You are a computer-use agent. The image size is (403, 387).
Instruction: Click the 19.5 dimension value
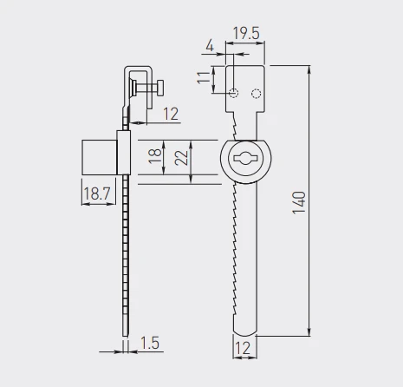coord(246,33)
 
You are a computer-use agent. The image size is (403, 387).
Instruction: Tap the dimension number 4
coord(210,46)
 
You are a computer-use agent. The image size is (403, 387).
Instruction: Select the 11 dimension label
coord(204,77)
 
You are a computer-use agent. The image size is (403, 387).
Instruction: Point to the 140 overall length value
coord(299,202)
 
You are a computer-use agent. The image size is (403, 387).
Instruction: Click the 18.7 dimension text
coord(97,193)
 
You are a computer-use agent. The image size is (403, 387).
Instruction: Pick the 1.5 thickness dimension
coord(150,343)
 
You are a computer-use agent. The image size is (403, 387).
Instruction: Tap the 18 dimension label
coord(155,156)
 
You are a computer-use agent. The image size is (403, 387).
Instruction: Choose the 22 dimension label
coord(181,158)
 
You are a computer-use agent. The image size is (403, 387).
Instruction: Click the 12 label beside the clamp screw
coord(171,114)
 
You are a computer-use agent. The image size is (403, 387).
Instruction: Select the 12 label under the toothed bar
coord(243,348)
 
